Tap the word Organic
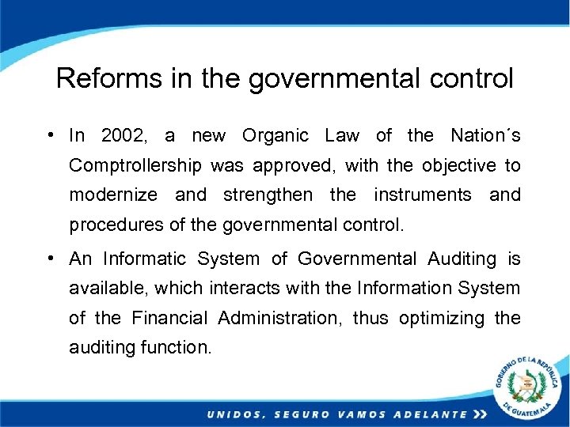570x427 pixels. [x=275, y=136]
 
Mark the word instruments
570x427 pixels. [x=422, y=195]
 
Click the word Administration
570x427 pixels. [x=280, y=318]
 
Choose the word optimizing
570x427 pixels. [x=441, y=318]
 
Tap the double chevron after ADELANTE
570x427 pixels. [x=480, y=414]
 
